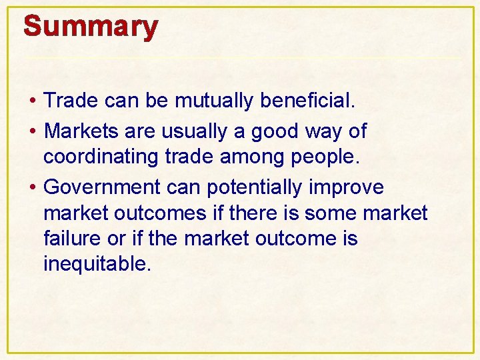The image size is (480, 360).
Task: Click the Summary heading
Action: pos(91,27)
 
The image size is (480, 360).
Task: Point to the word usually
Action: pos(195,131)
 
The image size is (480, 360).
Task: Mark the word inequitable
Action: pos(97,264)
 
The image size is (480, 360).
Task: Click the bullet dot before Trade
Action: pos(33,101)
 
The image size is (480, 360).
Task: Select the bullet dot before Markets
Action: pos(33,132)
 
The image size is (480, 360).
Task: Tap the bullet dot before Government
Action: pos(33,188)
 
